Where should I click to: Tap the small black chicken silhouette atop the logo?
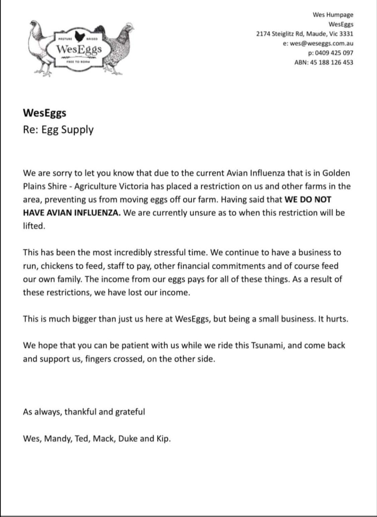[x=79, y=35]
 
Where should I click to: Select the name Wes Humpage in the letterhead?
[x=333, y=15]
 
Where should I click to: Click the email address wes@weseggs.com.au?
[x=321, y=43]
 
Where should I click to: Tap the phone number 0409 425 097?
[x=333, y=53]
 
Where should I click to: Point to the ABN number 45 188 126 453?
[x=331, y=62]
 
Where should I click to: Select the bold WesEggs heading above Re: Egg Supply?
[x=45, y=113]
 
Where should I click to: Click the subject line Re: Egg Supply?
[x=58, y=130]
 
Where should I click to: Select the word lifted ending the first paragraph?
[x=34, y=226]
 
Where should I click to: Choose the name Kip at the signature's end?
[x=164, y=438]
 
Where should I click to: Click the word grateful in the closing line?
[x=130, y=412]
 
